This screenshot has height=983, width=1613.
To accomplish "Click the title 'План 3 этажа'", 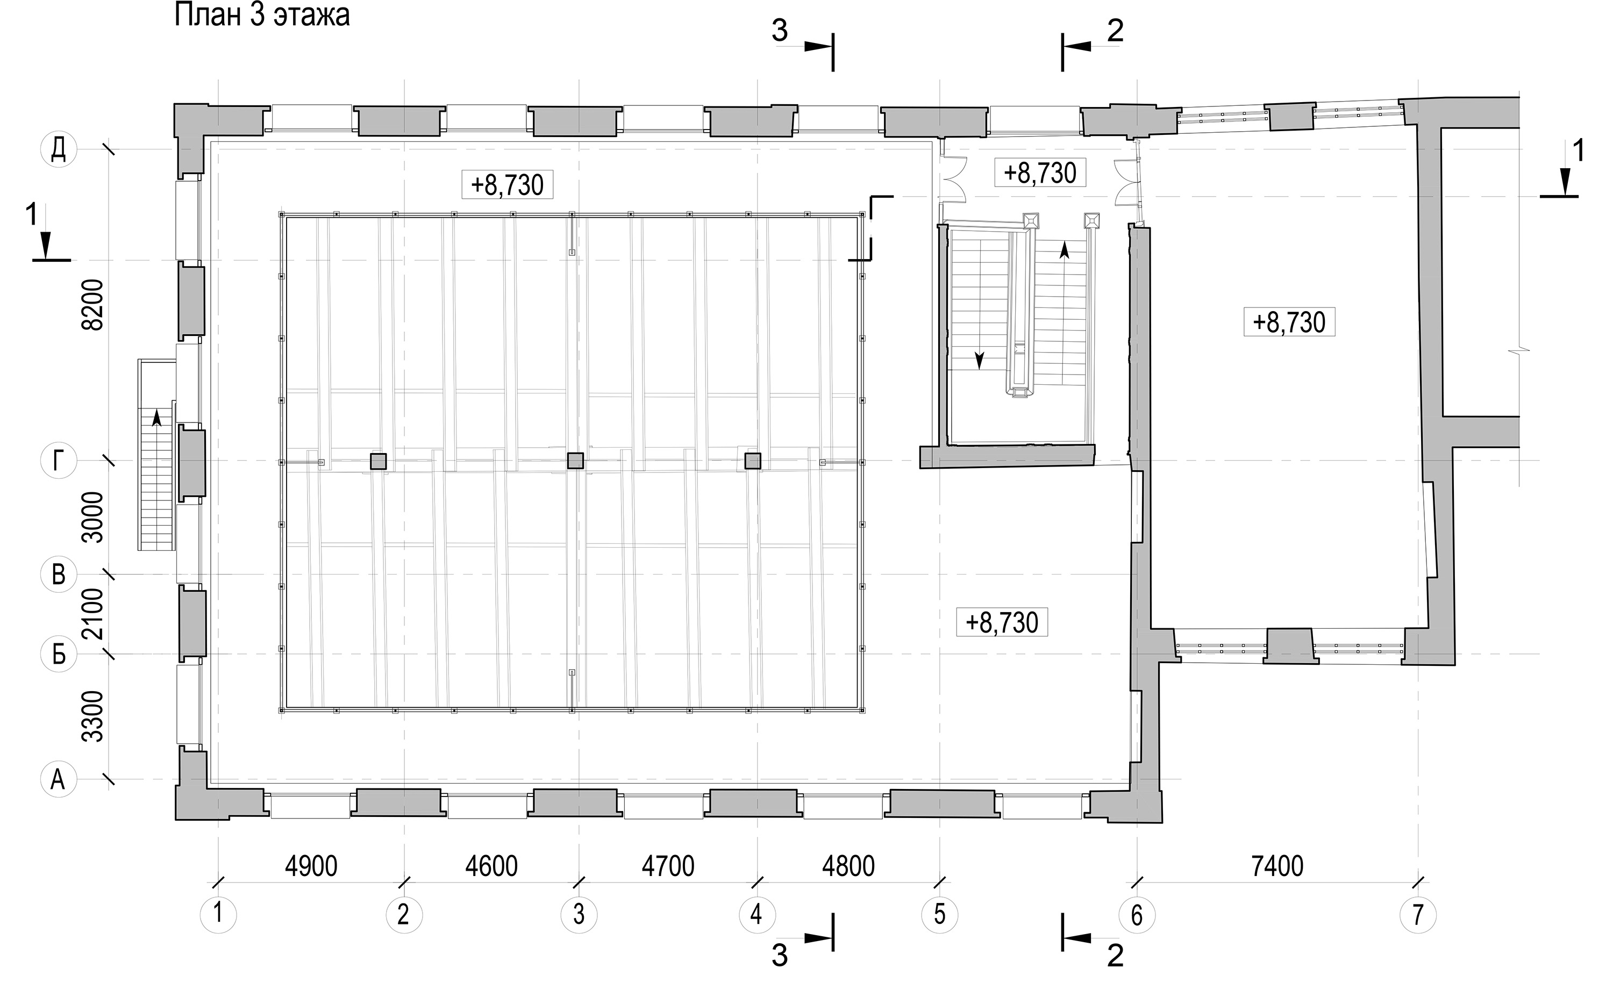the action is coord(262,16).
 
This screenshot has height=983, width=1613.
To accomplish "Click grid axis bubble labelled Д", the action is coord(58,150).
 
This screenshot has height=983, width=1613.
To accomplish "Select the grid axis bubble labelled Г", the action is coord(58,461).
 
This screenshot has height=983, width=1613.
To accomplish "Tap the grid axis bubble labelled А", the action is coord(58,779).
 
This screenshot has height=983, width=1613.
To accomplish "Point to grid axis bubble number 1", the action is coord(218,914).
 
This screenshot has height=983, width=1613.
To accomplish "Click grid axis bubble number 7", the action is coord(1418,914).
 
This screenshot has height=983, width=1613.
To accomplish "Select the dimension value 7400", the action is coord(1277,866).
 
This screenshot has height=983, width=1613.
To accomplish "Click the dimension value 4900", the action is coord(311,866).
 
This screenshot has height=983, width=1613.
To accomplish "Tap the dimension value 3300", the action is coord(94,716).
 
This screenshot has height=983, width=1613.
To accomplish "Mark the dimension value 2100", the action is coord(94,614).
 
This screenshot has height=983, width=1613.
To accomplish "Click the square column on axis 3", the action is coord(575,461).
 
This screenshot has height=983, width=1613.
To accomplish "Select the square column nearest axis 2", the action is coord(379,461).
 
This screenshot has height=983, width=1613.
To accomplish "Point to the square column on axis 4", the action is coord(753,461).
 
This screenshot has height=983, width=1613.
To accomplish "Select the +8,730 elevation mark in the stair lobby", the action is coord(1039,173).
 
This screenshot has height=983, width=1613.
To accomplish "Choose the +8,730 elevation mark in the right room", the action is coord(1289,322).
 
